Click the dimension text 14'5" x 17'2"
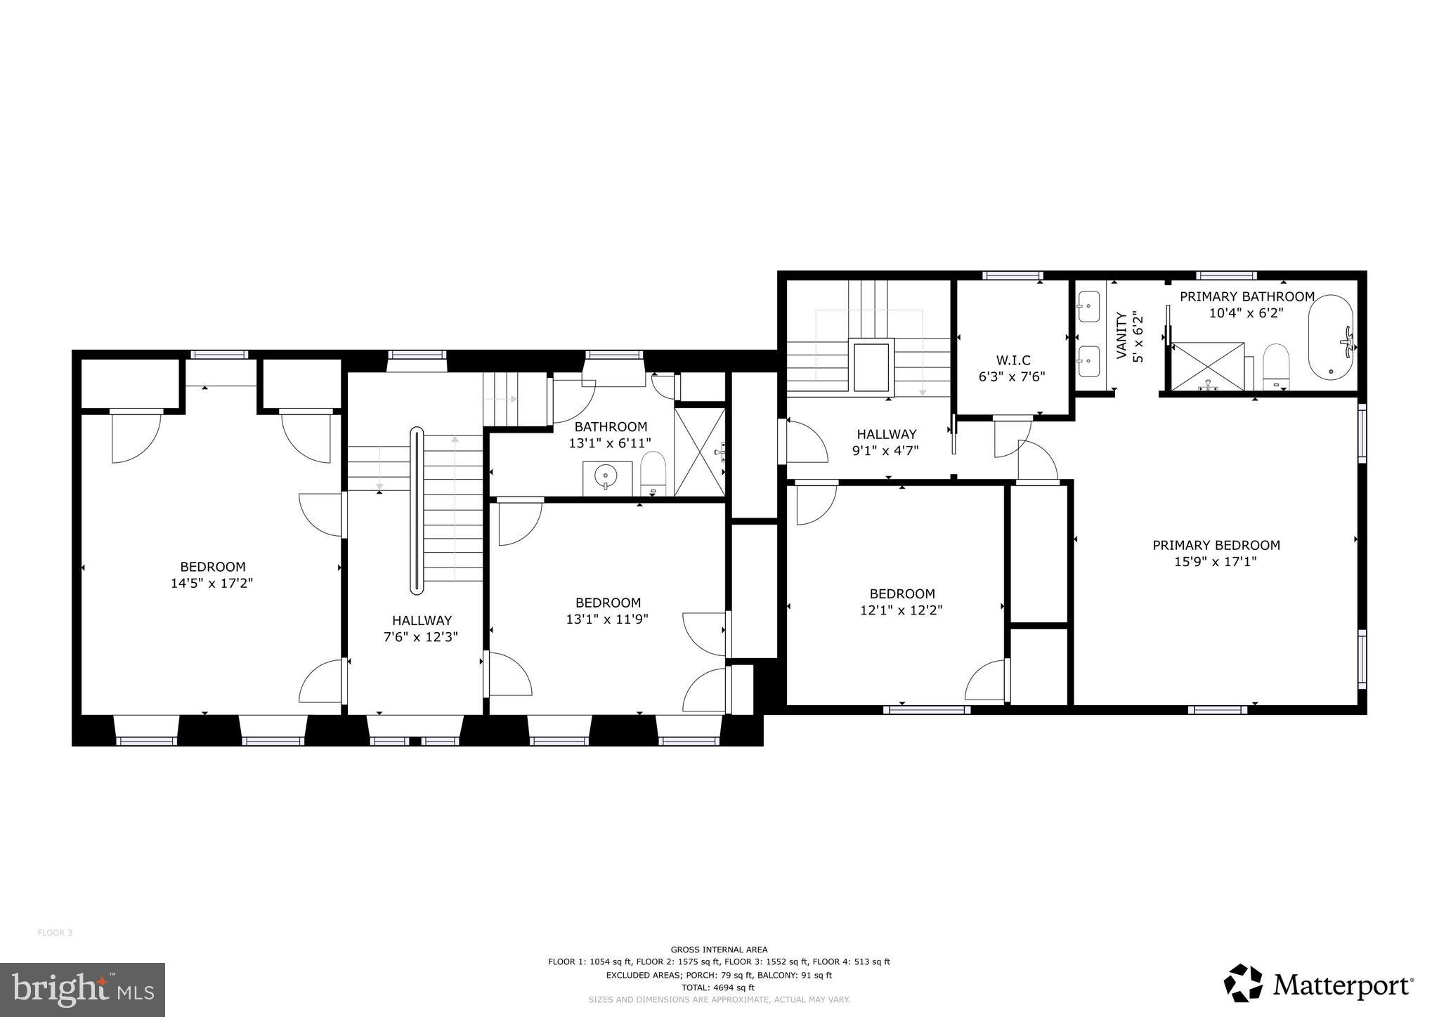pos(211,583)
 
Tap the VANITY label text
pos(1121,336)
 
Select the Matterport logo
pos(1318,985)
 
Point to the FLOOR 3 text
pos(55,933)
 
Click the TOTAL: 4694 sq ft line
pos(719,987)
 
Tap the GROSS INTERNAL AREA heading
pos(719,949)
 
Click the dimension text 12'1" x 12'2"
pos(901,610)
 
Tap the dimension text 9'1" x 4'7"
pos(885,451)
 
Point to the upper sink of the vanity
pos(1088,306)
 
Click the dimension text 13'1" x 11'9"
pos(607,619)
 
